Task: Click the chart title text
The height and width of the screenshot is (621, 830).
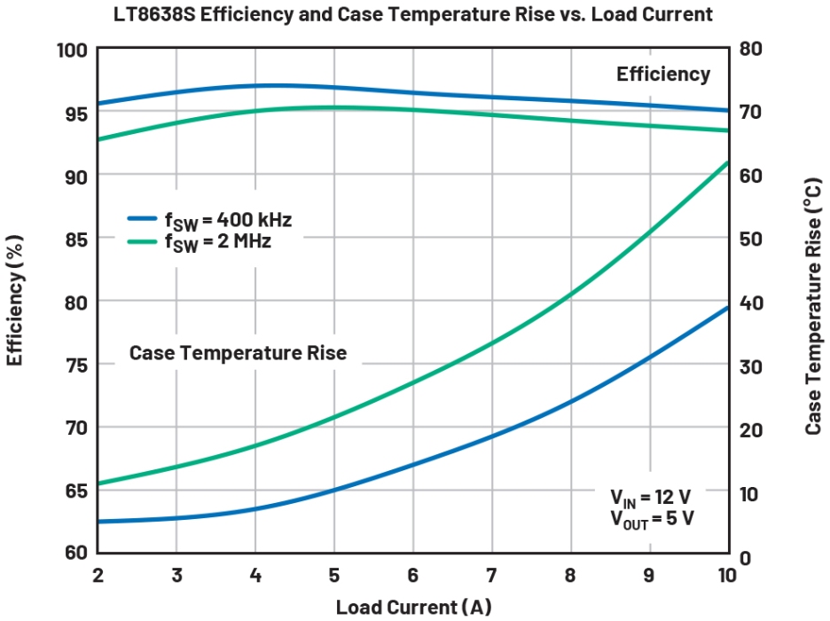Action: pyautogui.click(x=413, y=14)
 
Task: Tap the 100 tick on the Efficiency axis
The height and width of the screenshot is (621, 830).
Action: pyautogui.click(x=73, y=51)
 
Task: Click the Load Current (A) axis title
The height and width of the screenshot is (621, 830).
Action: pyautogui.click(x=413, y=607)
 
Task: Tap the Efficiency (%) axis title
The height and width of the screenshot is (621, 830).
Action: pyautogui.click(x=16, y=302)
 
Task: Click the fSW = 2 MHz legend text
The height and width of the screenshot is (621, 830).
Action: pyautogui.click(x=218, y=241)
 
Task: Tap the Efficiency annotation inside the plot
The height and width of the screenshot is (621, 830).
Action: pyautogui.click(x=663, y=75)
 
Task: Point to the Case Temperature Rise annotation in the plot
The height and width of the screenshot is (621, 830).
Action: pyautogui.click(x=238, y=353)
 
